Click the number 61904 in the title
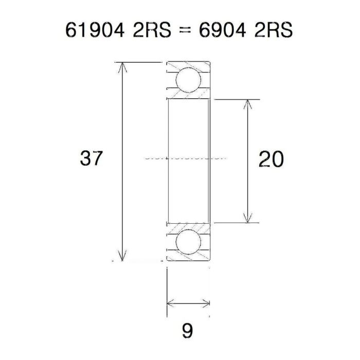96,30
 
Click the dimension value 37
92,159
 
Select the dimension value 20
271,159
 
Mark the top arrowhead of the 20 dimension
248,103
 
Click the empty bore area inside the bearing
188,134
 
